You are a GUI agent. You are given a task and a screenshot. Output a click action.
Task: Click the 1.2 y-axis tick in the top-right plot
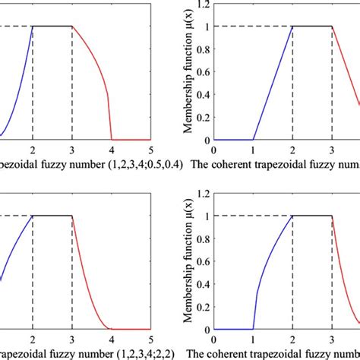point(204,8)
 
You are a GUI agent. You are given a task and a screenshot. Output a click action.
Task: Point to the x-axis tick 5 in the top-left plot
point(150,150)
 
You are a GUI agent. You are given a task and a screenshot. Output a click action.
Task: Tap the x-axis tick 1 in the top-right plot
point(253,150)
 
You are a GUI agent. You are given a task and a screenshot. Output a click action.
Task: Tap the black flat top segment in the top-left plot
point(52,27)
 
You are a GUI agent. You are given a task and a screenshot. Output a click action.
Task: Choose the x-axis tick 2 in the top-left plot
point(33,150)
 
